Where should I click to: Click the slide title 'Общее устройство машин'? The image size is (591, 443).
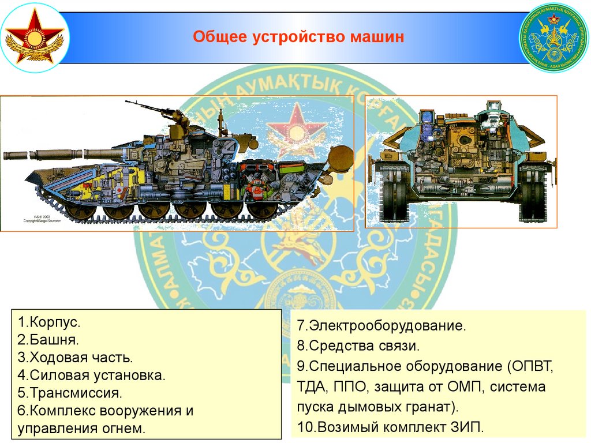pos(298,38)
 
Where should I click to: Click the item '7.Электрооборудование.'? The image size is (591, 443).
pos(381,326)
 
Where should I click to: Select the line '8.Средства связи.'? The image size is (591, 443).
pos(358,346)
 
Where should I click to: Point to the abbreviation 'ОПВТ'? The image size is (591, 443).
pos(532,366)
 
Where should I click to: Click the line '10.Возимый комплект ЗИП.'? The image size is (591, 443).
pos(389,427)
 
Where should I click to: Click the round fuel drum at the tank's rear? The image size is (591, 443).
pos(341,157)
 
